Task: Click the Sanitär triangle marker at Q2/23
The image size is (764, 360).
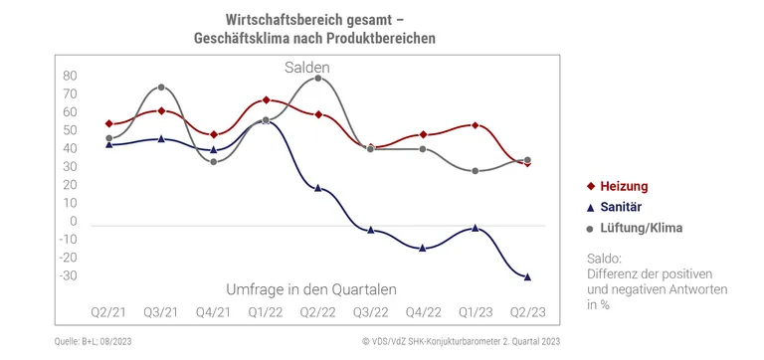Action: pyautogui.click(x=527, y=276)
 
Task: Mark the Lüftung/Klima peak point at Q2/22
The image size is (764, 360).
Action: pyautogui.click(x=317, y=78)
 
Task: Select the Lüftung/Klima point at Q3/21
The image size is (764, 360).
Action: pyautogui.click(x=161, y=88)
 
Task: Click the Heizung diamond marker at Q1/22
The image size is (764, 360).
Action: pyautogui.click(x=266, y=100)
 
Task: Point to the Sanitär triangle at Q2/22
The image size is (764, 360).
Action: pyautogui.click(x=317, y=187)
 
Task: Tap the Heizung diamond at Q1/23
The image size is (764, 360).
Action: pyautogui.click(x=476, y=125)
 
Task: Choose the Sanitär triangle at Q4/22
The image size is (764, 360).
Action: pyautogui.click(x=423, y=248)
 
